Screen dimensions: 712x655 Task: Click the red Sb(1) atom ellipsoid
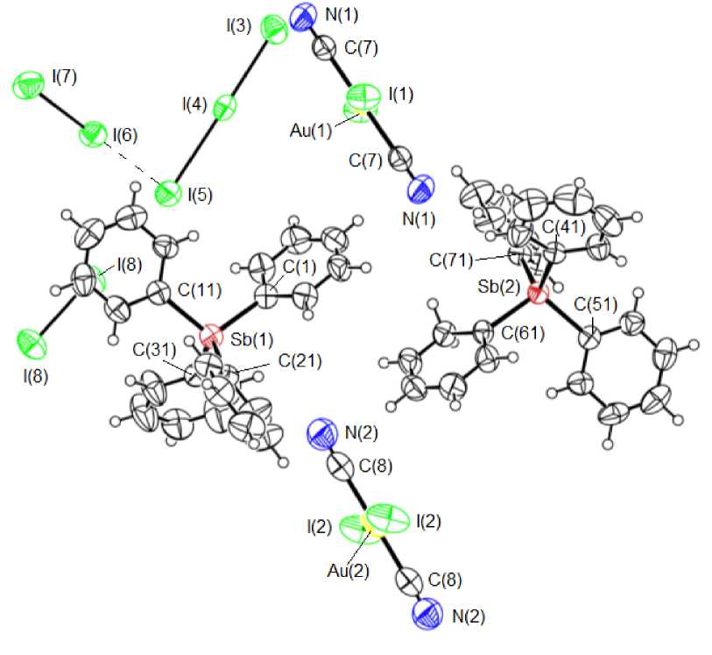pos(210,337)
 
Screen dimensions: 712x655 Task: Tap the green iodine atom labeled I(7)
pos(28,87)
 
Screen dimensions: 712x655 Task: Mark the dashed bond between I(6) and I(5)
pos(130,164)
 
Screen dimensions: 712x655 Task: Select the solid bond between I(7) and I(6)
pos(60,111)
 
